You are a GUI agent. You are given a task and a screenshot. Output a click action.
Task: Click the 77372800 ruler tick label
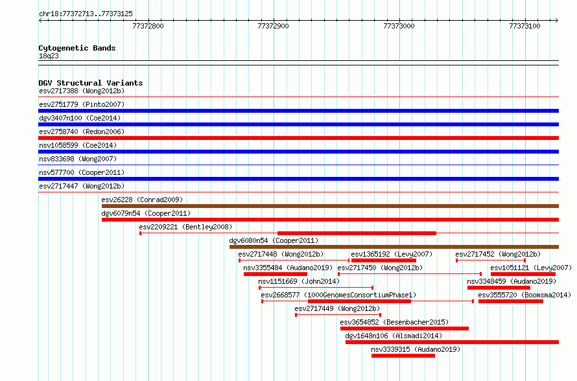pyautogui.click(x=148, y=26)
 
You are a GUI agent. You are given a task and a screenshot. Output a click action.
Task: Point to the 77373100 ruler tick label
pyautogui.click(x=524, y=26)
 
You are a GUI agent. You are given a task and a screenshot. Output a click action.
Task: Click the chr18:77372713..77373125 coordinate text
pyautogui.click(x=86, y=14)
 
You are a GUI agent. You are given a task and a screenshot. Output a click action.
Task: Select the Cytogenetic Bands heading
pyautogui.click(x=77, y=48)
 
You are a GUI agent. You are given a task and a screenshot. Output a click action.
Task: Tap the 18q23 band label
pyautogui.click(x=49, y=56)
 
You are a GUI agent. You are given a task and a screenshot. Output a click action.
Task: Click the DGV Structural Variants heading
pyautogui.click(x=91, y=83)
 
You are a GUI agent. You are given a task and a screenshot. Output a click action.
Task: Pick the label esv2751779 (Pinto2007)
pyautogui.click(x=82, y=104)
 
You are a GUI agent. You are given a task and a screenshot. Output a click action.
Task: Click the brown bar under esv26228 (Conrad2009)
pyautogui.click(x=330, y=206)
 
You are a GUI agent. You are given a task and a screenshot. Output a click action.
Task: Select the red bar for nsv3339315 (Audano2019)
pyautogui.click(x=403, y=356)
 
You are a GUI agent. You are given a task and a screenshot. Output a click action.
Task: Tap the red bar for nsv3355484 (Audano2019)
pyautogui.click(x=276, y=274)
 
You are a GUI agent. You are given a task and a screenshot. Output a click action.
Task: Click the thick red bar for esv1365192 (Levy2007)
pyautogui.click(x=384, y=260)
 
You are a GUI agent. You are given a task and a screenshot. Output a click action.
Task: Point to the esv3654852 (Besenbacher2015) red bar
pyautogui.click(x=405, y=329)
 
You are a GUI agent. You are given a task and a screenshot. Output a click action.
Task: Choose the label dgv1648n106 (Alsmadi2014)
pyautogui.click(x=394, y=336)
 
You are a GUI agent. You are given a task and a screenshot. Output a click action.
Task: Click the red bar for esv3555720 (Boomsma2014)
pyautogui.click(x=511, y=301)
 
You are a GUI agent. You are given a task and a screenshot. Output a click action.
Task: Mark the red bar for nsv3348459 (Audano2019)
pyautogui.click(x=499, y=288)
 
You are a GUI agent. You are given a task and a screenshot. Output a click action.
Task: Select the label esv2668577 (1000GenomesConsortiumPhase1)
pyautogui.click(x=338, y=295)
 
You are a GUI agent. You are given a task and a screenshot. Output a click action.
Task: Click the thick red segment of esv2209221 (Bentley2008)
pyautogui.click(x=357, y=233)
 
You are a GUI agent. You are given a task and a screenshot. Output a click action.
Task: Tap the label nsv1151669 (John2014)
pyautogui.click(x=299, y=281)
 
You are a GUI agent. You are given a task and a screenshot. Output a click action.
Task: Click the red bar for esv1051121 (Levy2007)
pyautogui.click(x=523, y=274)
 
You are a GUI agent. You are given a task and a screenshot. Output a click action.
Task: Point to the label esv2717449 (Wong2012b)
pyautogui.click(x=337, y=308)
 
